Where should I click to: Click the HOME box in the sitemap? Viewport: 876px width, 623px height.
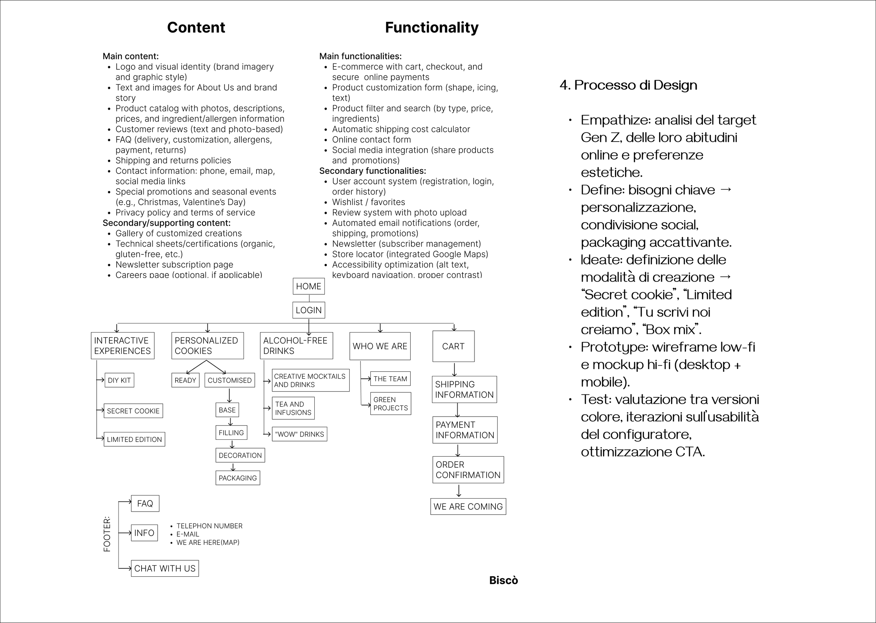click(309, 286)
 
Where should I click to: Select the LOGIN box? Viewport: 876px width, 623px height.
click(309, 310)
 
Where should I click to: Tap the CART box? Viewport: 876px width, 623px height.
click(453, 346)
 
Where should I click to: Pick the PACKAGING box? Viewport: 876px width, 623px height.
click(238, 478)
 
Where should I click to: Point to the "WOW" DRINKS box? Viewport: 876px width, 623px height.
click(300, 434)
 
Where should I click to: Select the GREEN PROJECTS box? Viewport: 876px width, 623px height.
click(390, 404)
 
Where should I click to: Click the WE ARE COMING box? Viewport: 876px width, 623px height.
click(468, 506)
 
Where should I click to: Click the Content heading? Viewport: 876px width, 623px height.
click(196, 28)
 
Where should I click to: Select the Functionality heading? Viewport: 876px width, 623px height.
click(431, 28)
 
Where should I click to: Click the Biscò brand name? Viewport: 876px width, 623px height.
click(503, 580)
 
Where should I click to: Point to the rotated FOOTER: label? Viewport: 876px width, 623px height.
click(107, 534)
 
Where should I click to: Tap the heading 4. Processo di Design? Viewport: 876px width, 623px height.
click(628, 85)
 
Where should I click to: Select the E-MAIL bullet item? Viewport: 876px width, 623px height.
click(187, 534)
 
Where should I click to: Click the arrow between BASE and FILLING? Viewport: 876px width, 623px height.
click(231, 422)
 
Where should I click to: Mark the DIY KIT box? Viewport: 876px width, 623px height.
click(119, 380)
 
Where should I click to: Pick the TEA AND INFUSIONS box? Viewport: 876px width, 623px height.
click(293, 408)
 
